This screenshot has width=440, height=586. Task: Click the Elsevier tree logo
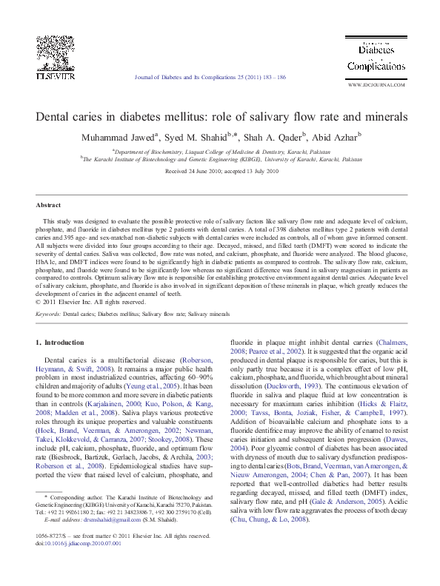click(x=56, y=52)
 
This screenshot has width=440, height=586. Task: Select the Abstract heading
click(x=49, y=203)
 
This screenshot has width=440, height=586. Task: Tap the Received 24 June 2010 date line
click(x=221, y=171)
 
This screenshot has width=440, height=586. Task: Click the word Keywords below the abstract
click(x=48, y=314)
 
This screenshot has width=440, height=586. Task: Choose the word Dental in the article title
click(x=56, y=117)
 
